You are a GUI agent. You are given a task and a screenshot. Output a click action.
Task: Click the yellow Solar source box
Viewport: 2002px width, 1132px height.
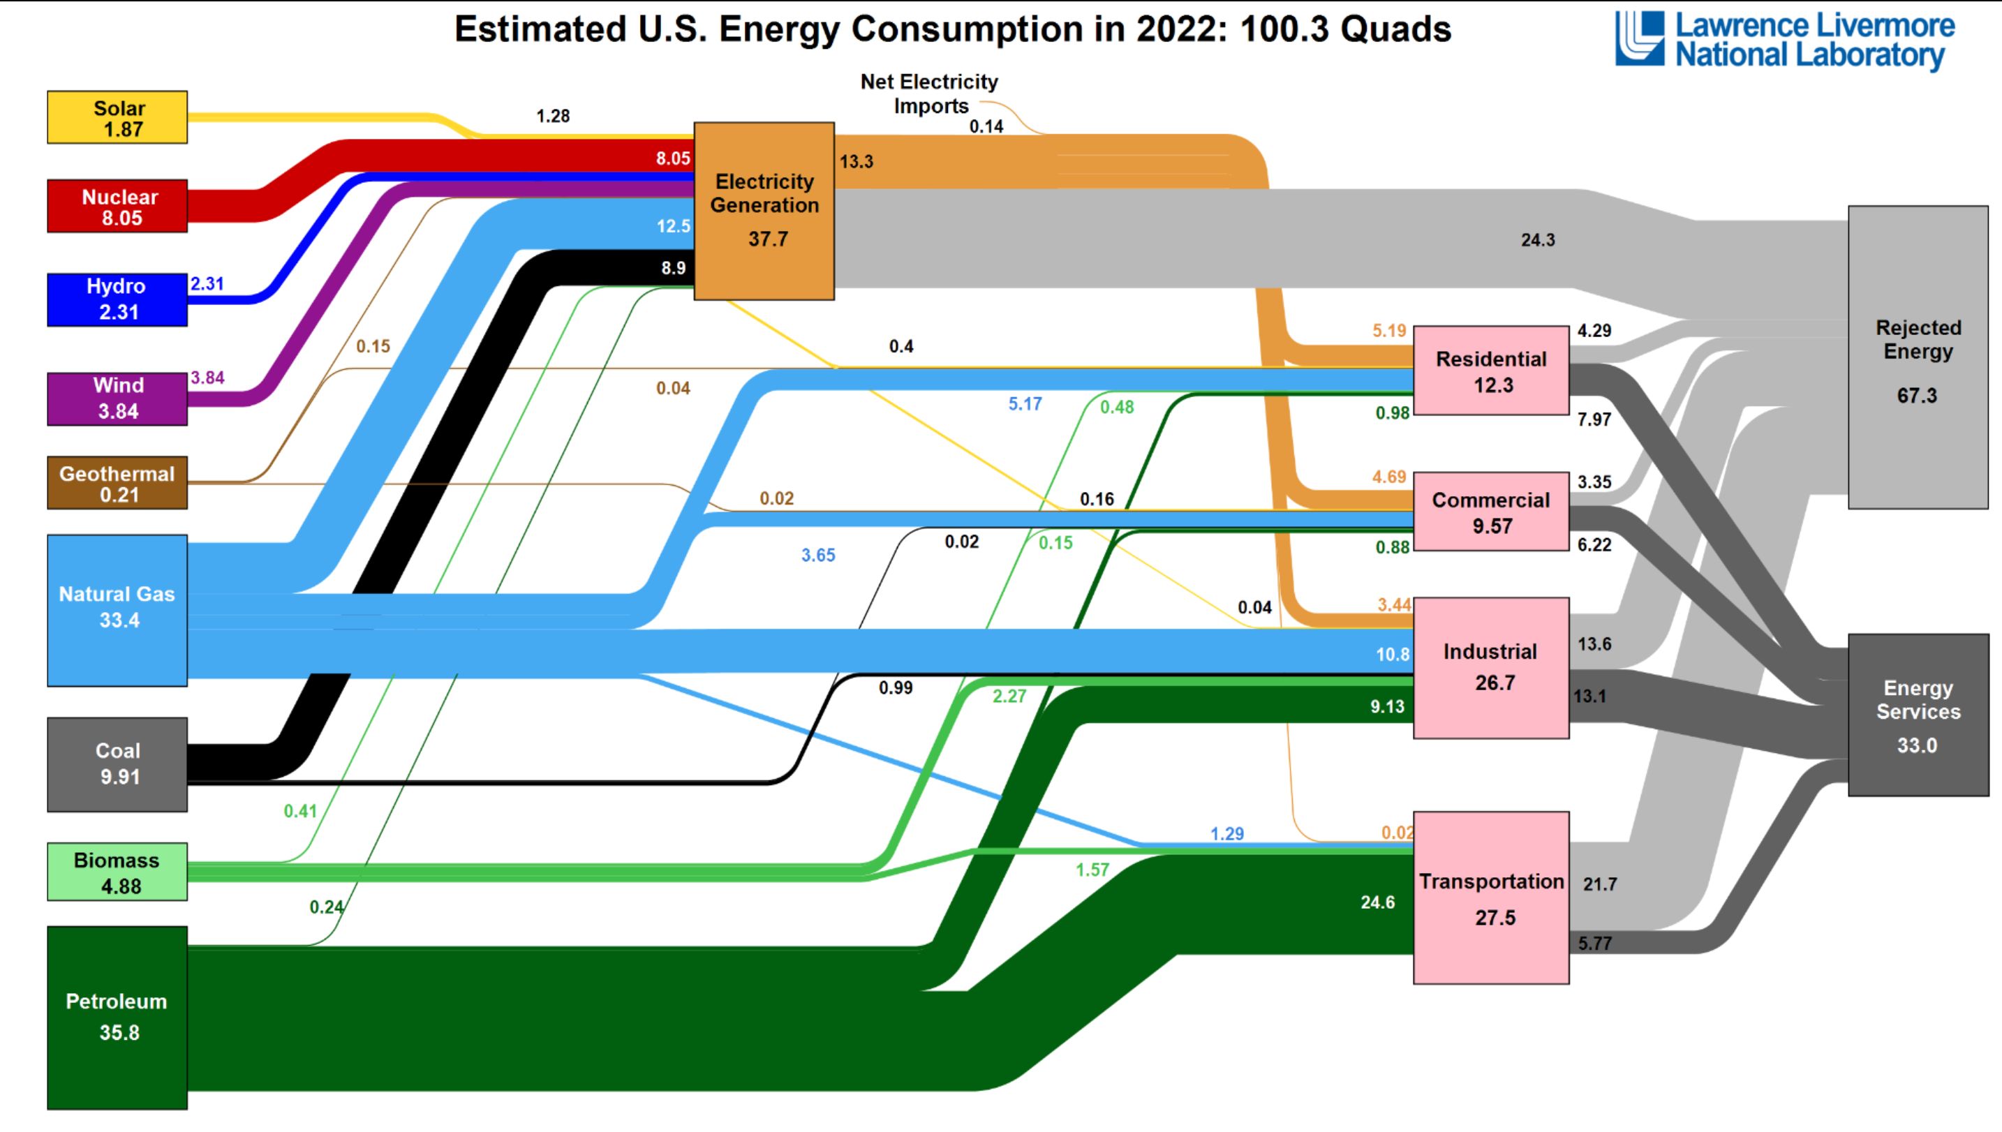[x=117, y=117]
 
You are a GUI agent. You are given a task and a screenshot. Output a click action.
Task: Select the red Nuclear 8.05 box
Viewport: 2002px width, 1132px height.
[x=117, y=206]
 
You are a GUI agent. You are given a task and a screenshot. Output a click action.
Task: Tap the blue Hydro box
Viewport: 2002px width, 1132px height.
[x=117, y=299]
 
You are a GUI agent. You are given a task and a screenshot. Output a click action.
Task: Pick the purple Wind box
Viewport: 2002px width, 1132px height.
[x=117, y=399]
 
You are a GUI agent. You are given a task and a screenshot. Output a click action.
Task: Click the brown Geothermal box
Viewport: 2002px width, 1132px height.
[x=117, y=483]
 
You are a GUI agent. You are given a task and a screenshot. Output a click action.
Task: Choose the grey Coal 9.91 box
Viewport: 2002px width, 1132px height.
[x=117, y=764]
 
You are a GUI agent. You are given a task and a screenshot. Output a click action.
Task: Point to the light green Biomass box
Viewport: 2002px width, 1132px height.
[x=117, y=872]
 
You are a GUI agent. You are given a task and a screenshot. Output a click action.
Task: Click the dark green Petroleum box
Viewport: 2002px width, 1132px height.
[x=117, y=1017]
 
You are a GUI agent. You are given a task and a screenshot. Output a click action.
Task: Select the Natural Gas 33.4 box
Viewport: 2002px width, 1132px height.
[x=117, y=610]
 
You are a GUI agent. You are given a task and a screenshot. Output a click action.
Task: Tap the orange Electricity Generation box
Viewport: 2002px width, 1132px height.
[x=764, y=211]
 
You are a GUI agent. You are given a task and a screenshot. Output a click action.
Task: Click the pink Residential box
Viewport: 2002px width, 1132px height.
[x=1491, y=371]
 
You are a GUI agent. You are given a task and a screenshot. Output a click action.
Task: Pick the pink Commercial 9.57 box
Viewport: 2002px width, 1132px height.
[x=1491, y=512]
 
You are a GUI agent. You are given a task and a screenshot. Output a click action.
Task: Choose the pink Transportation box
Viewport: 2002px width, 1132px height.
[x=1491, y=898]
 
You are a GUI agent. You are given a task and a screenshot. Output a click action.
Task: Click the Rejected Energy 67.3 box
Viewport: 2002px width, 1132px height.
[x=1918, y=357]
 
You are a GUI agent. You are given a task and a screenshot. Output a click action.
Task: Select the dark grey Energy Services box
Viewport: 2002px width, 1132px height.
[x=1918, y=715]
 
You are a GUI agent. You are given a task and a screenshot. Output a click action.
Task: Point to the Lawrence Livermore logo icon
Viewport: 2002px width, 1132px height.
[x=1640, y=38]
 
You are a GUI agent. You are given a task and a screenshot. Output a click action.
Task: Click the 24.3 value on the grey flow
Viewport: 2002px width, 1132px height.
[x=1538, y=240]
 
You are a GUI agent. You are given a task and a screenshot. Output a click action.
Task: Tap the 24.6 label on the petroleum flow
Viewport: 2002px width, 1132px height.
[x=1378, y=902]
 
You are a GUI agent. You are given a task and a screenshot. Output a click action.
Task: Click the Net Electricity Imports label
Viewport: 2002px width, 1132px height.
[x=930, y=94]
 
